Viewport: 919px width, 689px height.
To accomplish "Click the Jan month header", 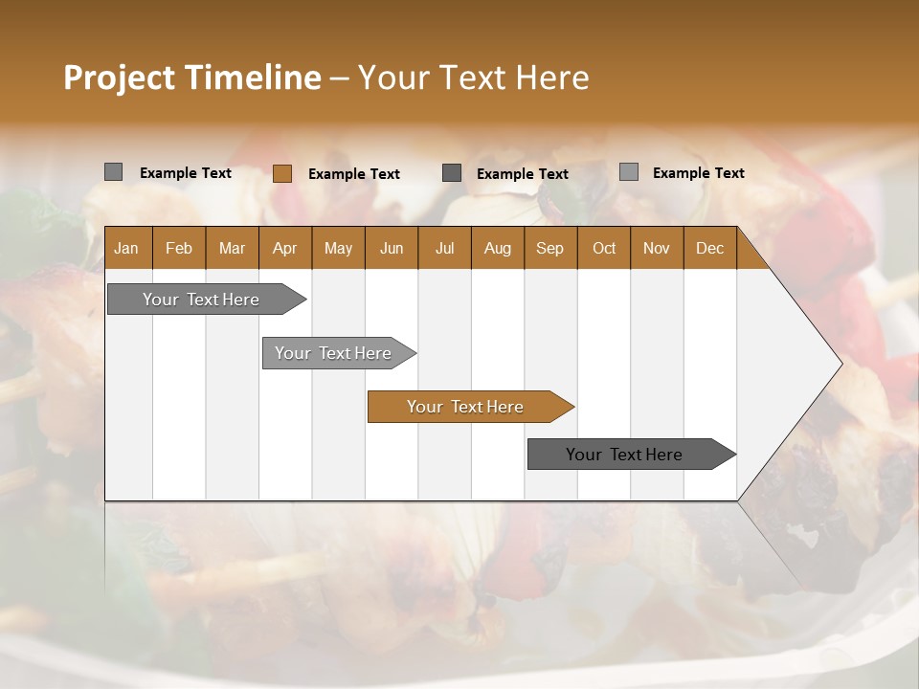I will [x=127, y=249].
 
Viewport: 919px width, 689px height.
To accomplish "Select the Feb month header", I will [x=179, y=249].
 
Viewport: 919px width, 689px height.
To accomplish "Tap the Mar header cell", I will [x=232, y=249].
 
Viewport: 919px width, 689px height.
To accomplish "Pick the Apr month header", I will [x=284, y=249].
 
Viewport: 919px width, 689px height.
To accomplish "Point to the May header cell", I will [x=338, y=249].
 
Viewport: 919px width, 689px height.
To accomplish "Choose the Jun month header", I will [x=392, y=249].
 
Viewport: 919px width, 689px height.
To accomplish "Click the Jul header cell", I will [x=444, y=249].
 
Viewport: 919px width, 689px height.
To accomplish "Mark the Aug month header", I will [x=497, y=249].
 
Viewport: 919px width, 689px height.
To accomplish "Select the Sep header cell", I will [x=549, y=249].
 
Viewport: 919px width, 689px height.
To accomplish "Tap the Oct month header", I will [x=604, y=249].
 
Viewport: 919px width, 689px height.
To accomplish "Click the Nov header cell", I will [x=657, y=249].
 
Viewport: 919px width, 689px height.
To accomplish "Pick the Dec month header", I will [x=709, y=249].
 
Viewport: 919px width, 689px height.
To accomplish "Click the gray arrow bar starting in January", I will [x=202, y=300].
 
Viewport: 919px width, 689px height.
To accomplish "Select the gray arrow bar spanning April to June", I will [x=334, y=353].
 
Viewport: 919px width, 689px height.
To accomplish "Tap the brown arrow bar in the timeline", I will [x=466, y=407].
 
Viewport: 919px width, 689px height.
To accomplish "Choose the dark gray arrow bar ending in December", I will [x=625, y=455].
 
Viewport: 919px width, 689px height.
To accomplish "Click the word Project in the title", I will [x=119, y=78].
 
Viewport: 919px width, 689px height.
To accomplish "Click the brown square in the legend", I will [x=282, y=173].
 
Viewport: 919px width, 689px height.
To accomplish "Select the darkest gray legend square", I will [x=452, y=173].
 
